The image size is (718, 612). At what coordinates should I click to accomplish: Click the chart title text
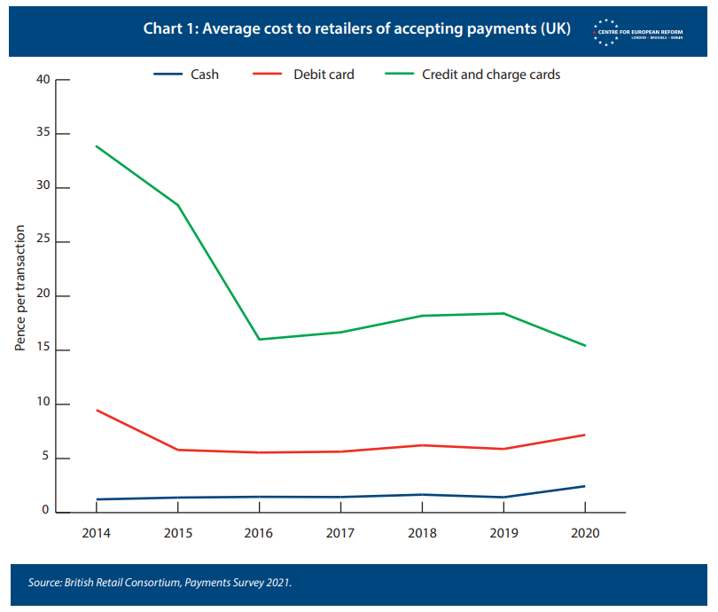click(356, 28)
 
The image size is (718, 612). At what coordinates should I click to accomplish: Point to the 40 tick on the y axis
click(43, 80)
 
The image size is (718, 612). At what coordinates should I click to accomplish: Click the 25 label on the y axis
click(43, 242)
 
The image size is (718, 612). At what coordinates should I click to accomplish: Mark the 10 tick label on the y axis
click(43, 404)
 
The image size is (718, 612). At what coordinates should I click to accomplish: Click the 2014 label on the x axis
click(96, 534)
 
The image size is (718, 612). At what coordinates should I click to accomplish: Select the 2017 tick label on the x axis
click(340, 534)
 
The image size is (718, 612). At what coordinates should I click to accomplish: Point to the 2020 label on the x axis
click(585, 534)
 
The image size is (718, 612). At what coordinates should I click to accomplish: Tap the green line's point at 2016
click(259, 339)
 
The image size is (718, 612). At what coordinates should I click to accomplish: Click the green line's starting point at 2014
click(96, 145)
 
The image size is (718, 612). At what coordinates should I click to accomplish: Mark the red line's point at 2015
click(177, 450)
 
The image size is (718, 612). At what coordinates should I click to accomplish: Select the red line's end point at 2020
click(585, 435)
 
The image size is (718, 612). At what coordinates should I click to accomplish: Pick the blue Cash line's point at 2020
click(585, 486)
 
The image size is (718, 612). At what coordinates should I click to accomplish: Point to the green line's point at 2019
click(503, 313)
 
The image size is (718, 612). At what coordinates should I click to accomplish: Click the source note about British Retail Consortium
click(160, 583)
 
